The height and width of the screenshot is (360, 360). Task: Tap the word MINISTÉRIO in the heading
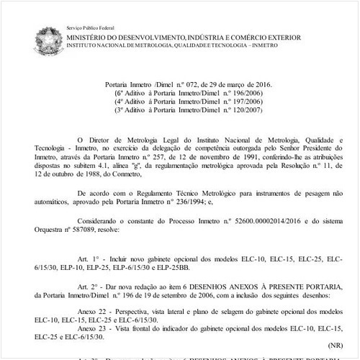91,35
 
